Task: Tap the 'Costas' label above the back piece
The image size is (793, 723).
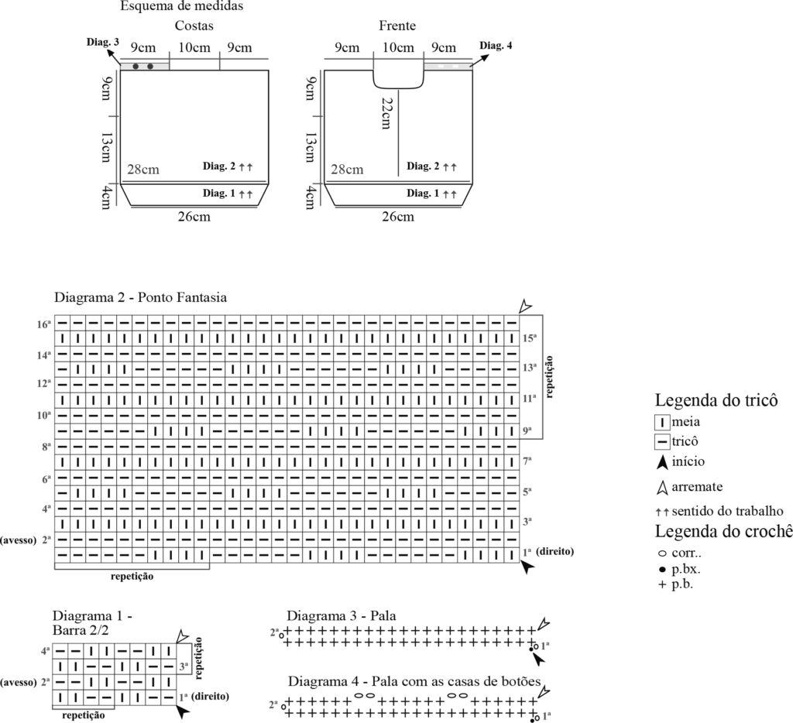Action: [194, 26]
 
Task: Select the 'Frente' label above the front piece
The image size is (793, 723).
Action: [397, 26]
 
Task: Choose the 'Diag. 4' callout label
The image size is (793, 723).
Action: [496, 46]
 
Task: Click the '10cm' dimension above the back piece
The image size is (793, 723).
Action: [194, 48]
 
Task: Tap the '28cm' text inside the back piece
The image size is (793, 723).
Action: [145, 170]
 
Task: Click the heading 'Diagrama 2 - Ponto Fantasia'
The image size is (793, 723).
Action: [140, 297]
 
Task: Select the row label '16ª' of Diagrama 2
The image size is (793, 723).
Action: [43, 324]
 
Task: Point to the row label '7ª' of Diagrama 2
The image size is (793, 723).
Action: [527, 461]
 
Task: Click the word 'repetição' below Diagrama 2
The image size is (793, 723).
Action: [132, 577]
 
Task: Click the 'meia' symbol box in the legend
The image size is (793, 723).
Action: [662, 423]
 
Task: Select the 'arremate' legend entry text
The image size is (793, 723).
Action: [698, 487]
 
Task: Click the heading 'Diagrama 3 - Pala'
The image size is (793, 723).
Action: [342, 616]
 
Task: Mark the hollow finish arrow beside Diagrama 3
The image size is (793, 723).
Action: [544, 623]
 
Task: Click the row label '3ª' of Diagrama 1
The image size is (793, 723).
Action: [184, 665]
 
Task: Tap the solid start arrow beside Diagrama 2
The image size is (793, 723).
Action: [527, 567]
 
